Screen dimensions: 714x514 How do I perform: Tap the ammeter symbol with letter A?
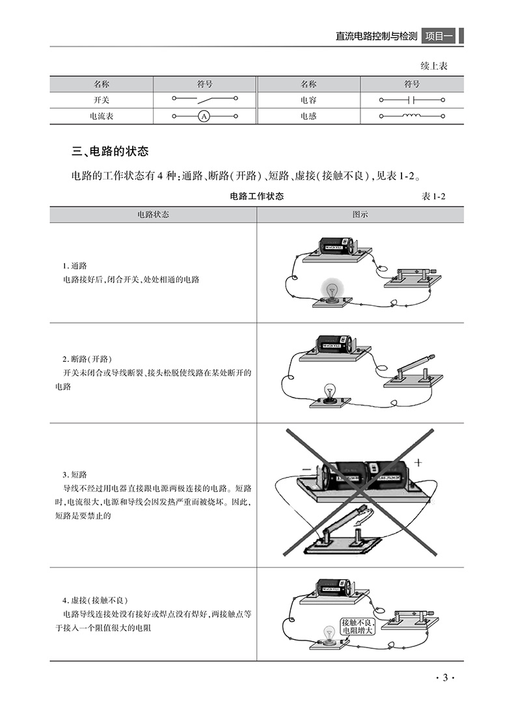click(204, 117)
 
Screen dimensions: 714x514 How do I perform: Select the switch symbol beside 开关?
click(204, 100)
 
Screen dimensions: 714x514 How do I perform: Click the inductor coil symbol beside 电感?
click(411, 117)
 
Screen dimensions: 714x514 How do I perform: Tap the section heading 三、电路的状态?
click(110, 152)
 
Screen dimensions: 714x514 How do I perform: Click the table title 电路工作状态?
click(257, 196)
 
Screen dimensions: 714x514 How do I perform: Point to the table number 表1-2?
click(436, 196)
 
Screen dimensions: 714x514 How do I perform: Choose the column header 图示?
click(360, 214)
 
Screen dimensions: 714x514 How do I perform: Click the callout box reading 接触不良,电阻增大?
click(358, 627)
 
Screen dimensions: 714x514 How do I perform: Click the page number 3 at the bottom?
click(445, 678)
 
